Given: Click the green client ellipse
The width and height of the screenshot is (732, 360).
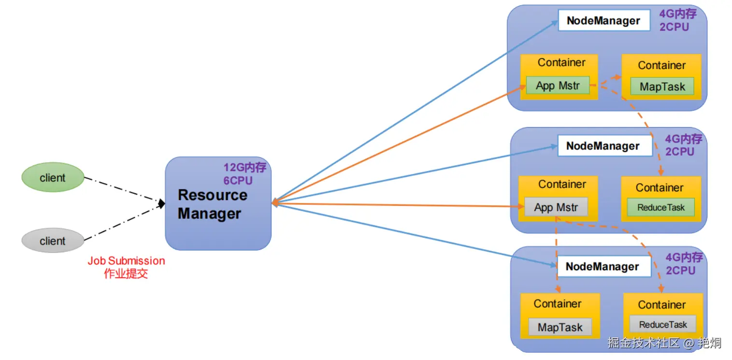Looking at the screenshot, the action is tap(53, 177).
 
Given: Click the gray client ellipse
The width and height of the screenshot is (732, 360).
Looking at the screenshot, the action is tap(53, 241).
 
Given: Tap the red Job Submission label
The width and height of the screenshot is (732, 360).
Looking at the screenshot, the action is tap(126, 267).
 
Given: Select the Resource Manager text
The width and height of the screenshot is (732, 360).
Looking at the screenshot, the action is tap(213, 204).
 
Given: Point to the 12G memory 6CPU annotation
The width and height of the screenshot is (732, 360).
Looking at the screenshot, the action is tap(244, 174).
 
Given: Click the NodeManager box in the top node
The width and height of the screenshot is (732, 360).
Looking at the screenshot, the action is tap(604, 21).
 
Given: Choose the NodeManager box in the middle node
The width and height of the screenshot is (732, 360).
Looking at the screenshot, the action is tap(604, 146).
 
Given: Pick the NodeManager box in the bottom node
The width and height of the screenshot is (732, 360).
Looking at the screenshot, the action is tap(603, 267).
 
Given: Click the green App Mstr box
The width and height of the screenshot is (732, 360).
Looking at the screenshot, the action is tap(558, 86).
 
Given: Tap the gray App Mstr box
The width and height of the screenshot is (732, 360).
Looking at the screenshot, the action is tap(556, 207).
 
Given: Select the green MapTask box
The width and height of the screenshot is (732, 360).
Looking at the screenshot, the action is tap(662, 86).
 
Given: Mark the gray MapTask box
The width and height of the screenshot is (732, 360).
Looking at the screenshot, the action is tap(560, 327).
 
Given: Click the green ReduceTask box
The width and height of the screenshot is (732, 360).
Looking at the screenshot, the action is tap(661, 207).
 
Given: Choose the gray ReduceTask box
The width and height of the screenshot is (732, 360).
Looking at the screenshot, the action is tap(663, 324).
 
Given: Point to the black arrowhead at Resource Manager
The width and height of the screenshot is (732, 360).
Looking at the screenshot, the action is tap(161, 204).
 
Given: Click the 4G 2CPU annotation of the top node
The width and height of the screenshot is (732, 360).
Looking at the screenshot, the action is tap(678, 20).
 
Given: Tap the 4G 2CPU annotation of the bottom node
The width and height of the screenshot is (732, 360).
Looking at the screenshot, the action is tap(684, 264).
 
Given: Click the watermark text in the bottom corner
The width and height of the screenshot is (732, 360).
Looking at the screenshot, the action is tap(664, 343).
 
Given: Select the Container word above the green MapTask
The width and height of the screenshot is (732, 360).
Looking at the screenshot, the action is tap(662, 65).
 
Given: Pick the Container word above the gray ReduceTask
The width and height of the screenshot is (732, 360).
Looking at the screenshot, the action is tap(662, 305).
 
